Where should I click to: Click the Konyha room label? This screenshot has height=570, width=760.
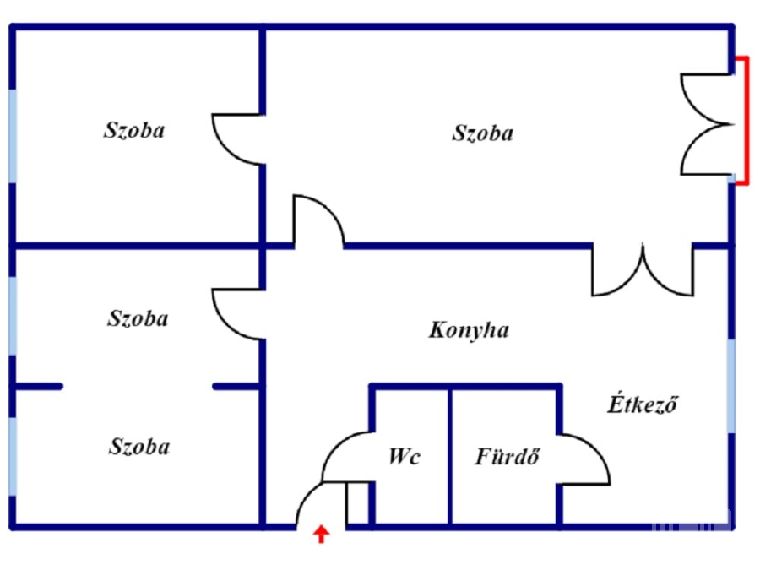pyautogui.click(x=469, y=329)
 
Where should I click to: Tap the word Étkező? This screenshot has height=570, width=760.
pyautogui.click(x=643, y=404)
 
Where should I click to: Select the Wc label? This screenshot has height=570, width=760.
pyautogui.click(x=404, y=458)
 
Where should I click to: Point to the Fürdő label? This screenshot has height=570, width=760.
pyautogui.click(x=506, y=458)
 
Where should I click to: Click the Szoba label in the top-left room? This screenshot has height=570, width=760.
pyautogui.click(x=134, y=130)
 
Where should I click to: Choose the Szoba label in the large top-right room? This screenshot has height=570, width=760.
pyautogui.click(x=482, y=133)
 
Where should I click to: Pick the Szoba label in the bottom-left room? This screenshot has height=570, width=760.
pyautogui.click(x=138, y=447)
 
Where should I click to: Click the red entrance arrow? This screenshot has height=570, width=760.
pyautogui.click(x=321, y=533)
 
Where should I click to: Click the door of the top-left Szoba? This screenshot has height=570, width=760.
pyautogui.click(x=236, y=138)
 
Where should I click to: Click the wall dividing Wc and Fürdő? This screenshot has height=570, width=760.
pyautogui.click(x=450, y=456)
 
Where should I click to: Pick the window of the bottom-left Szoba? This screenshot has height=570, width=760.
pyautogui.click(x=13, y=456)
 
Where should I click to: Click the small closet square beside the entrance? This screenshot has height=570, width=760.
pyautogui.click(x=358, y=504)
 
